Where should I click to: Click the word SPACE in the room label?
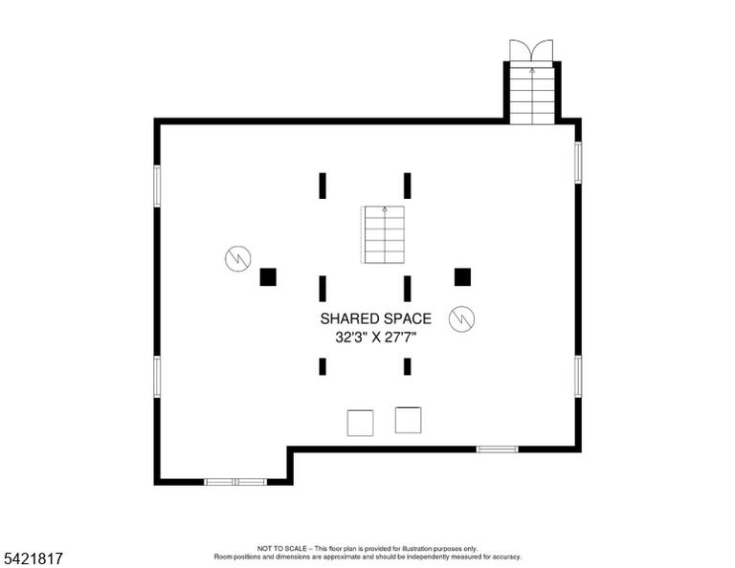click(x=408, y=318)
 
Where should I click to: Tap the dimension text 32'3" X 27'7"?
click(x=376, y=338)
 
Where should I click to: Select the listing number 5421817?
click(x=33, y=558)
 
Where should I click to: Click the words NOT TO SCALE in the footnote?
click(x=282, y=548)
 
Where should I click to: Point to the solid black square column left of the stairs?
click(x=268, y=276)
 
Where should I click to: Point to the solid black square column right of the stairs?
click(x=462, y=276)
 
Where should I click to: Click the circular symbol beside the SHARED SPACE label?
click(x=461, y=318)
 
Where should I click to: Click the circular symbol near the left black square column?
click(x=238, y=258)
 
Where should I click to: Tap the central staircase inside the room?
click(x=383, y=234)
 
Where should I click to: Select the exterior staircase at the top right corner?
click(x=532, y=95)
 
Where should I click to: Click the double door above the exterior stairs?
click(x=531, y=51)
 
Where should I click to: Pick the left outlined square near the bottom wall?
click(x=361, y=423)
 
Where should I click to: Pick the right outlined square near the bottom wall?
click(x=409, y=420)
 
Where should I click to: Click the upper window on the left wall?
click(x=157, y=186)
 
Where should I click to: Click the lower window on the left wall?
click(x=157, y=377)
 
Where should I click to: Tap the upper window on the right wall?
click(x=578, y=163)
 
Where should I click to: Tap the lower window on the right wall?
click(x=578, y=377)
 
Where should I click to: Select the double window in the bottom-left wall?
click(x=235, y=482)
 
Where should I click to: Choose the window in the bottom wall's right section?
click(x=498, y=449)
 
